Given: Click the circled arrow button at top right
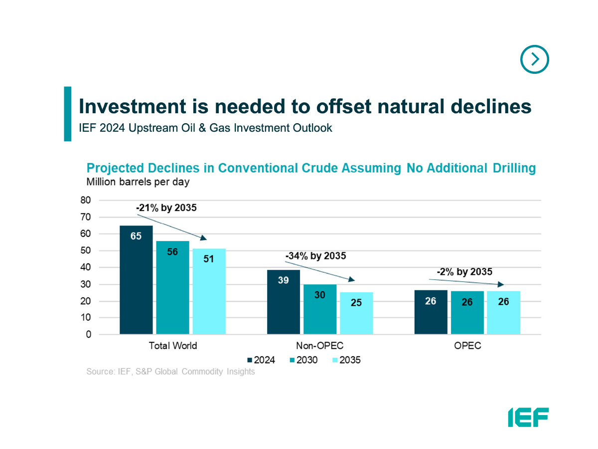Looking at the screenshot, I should (x=534, y=59).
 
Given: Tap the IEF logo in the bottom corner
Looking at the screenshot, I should (x=528, y=417).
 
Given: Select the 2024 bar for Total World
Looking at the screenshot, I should (x=136, y=280).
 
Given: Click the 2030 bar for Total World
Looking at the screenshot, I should (x=172, y=287).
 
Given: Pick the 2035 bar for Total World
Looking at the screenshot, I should (x=209, y=291).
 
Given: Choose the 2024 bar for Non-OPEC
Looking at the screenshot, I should (x=283, y=302).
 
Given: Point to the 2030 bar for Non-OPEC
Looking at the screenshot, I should (x=320, y=309).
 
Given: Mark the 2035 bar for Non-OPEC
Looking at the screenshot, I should (x=356, y=313).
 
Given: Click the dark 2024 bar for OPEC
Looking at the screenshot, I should (x=431, y=312).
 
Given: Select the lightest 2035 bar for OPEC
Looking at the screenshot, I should (x=503, y=313).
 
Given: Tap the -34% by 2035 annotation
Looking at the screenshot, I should (x=315, y=256).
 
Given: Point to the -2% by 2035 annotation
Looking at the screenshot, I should (x=464, y=272).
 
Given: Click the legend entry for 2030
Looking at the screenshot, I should (x=303, y=360).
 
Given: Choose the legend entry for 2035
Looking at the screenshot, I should (x=346, y=360).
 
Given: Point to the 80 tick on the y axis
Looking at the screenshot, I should (x=85, y=200).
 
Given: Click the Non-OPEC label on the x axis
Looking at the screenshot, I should (x=320, y=346).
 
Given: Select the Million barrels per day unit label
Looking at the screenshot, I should (x=138, y=182).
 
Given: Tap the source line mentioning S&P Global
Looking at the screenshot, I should (x=170, y=372).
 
